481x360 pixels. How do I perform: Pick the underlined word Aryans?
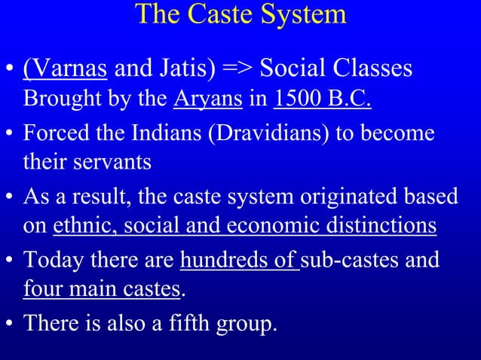[209, 99]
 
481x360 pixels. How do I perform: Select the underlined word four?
[41, 288]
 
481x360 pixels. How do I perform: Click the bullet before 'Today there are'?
[10, 261]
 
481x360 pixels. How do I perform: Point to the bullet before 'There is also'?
[10, 324]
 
